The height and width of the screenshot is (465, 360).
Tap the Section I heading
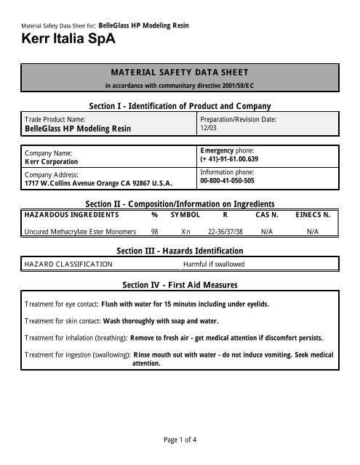coord(180,105)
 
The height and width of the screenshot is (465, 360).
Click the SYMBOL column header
coord(185,215)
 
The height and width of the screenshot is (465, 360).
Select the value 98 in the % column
coord(155,231)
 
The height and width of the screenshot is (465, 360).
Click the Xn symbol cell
coord(186,231)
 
